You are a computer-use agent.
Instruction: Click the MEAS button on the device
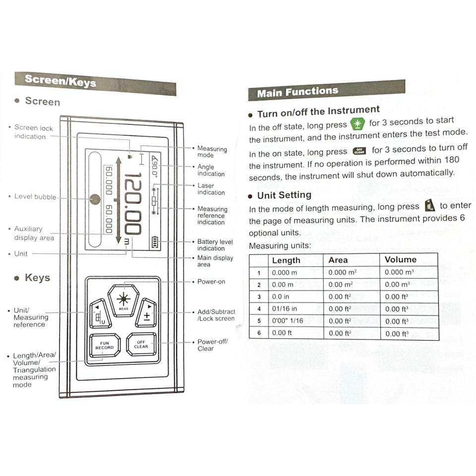pyautogui.click(x=123, y=300)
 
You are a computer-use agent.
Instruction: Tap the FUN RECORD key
pyautogui.click(x=104, y=345)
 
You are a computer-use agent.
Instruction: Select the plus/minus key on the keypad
pyautogui.click(x=146, y=313)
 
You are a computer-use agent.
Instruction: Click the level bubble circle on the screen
pyautogui.click(x=95, y=199)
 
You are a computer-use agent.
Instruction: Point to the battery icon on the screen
pyautogui.click(x=156, y=242)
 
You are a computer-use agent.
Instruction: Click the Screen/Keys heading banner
pyautogui.click(x=94, y=82)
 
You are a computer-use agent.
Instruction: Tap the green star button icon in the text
pyautogui.click(x=357, y=124)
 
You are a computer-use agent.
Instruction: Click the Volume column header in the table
pyautogui.click(x=401, y=260)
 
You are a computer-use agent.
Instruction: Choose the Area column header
pyautogui.click(x=338, y=260)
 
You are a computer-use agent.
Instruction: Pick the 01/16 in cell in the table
pyautogui.click(x=284, y=309)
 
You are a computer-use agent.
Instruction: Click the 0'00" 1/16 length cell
pyautogui.click(x=287, y=321)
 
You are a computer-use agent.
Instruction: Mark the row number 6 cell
pyautogui.click(x=258, y=333)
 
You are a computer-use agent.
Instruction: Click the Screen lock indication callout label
pyautogui.click(x=33, y=132)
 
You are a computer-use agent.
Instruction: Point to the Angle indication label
pyautogui.click(x=211, y=171)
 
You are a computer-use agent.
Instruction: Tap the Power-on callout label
pyautogui.click(x=211, y=282)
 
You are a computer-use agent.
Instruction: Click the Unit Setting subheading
pyautogui.click(x=284, y=195)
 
